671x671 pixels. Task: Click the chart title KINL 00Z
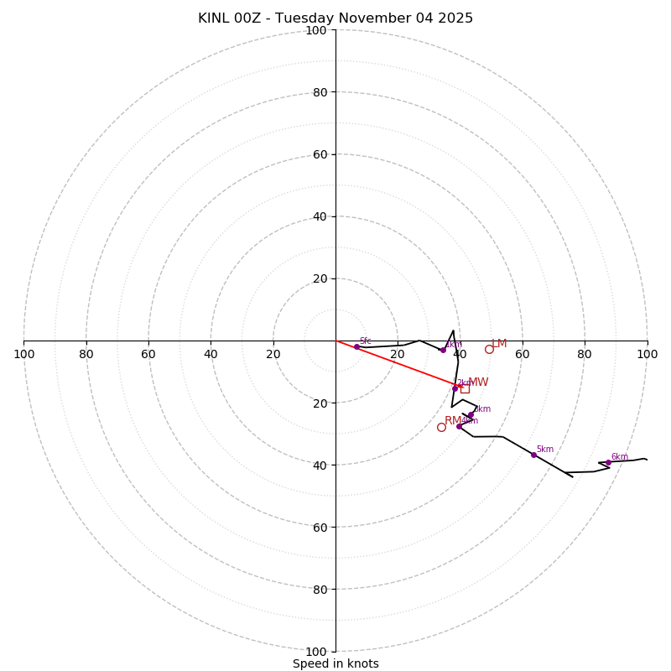pyautogui.click(x=335, y=18)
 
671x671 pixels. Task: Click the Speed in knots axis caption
pyautogui.click(x=335, y=663)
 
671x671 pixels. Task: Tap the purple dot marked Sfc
pyautogui.click(x=356, y=346)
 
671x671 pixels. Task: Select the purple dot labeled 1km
pyautogui.click(x=443, y=350)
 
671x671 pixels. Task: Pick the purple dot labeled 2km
pyautogui.click(x=455, y=388)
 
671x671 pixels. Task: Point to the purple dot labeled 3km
pyautogui.click(x=471, y=414)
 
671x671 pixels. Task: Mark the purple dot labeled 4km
pyautogui.click(x=459, y=426)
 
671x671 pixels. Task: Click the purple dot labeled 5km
pyautogui.click(x=533, y=455)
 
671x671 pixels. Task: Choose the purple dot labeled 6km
pyautogui.click(x=608, y=462)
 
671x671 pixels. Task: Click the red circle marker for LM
pyautogui.click(x=489, y=349)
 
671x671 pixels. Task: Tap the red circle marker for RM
pyautogui.click(x=441, y=427)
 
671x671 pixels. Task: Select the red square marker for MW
pyautogui.click(x=465, y=388)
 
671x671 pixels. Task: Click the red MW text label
pyautogui.click(x=478, y=382)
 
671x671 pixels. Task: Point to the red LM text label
pyautogui.click(x=500, y=344)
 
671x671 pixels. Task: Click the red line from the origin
pyautogui.click(x=394, y=363)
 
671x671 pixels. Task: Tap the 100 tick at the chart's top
pyautogui.click(x=316, y=30)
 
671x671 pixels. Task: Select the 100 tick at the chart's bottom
pyautogui.click(x=316, y=652)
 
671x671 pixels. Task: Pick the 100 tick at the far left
pyautogui.click(x=24, y=354)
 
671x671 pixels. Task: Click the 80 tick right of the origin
pyautogui.click(x=585, y=354)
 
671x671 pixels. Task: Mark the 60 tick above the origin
pyautogui.click(x=320, y=154)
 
